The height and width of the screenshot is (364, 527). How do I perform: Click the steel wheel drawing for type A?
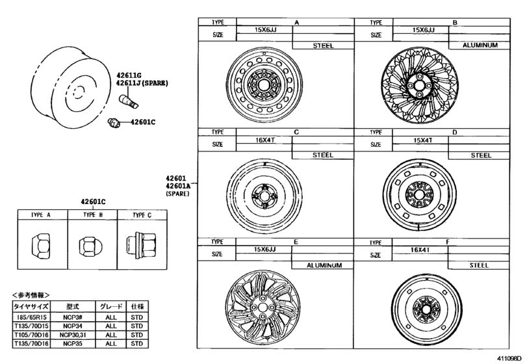(264, 84)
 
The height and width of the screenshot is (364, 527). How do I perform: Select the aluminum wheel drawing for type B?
(419, 85)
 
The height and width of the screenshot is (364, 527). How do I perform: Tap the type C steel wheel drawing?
(264, 196)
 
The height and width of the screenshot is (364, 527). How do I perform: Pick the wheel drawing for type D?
(419, 195)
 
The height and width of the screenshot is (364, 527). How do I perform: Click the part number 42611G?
(129, 75)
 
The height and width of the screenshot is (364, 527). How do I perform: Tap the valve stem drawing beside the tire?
(129, 101)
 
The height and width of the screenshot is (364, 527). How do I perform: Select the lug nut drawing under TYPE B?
(90, 246)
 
